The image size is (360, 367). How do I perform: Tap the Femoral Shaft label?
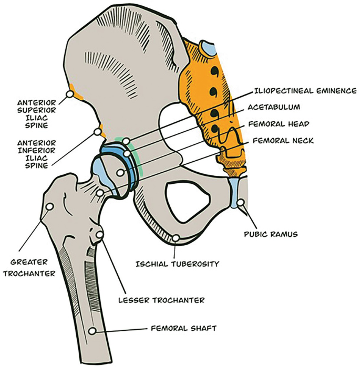pos(183,329)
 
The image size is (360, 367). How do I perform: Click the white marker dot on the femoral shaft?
pos(92,331)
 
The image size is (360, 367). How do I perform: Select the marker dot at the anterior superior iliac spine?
pos(69,95)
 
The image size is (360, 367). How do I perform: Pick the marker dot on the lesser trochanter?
pos(100,233)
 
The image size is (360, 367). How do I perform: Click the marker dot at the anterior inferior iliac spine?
pos(97,132)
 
